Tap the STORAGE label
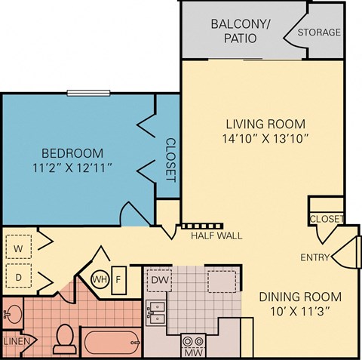319,32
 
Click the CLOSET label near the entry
326,219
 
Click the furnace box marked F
118,279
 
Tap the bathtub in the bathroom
110,343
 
